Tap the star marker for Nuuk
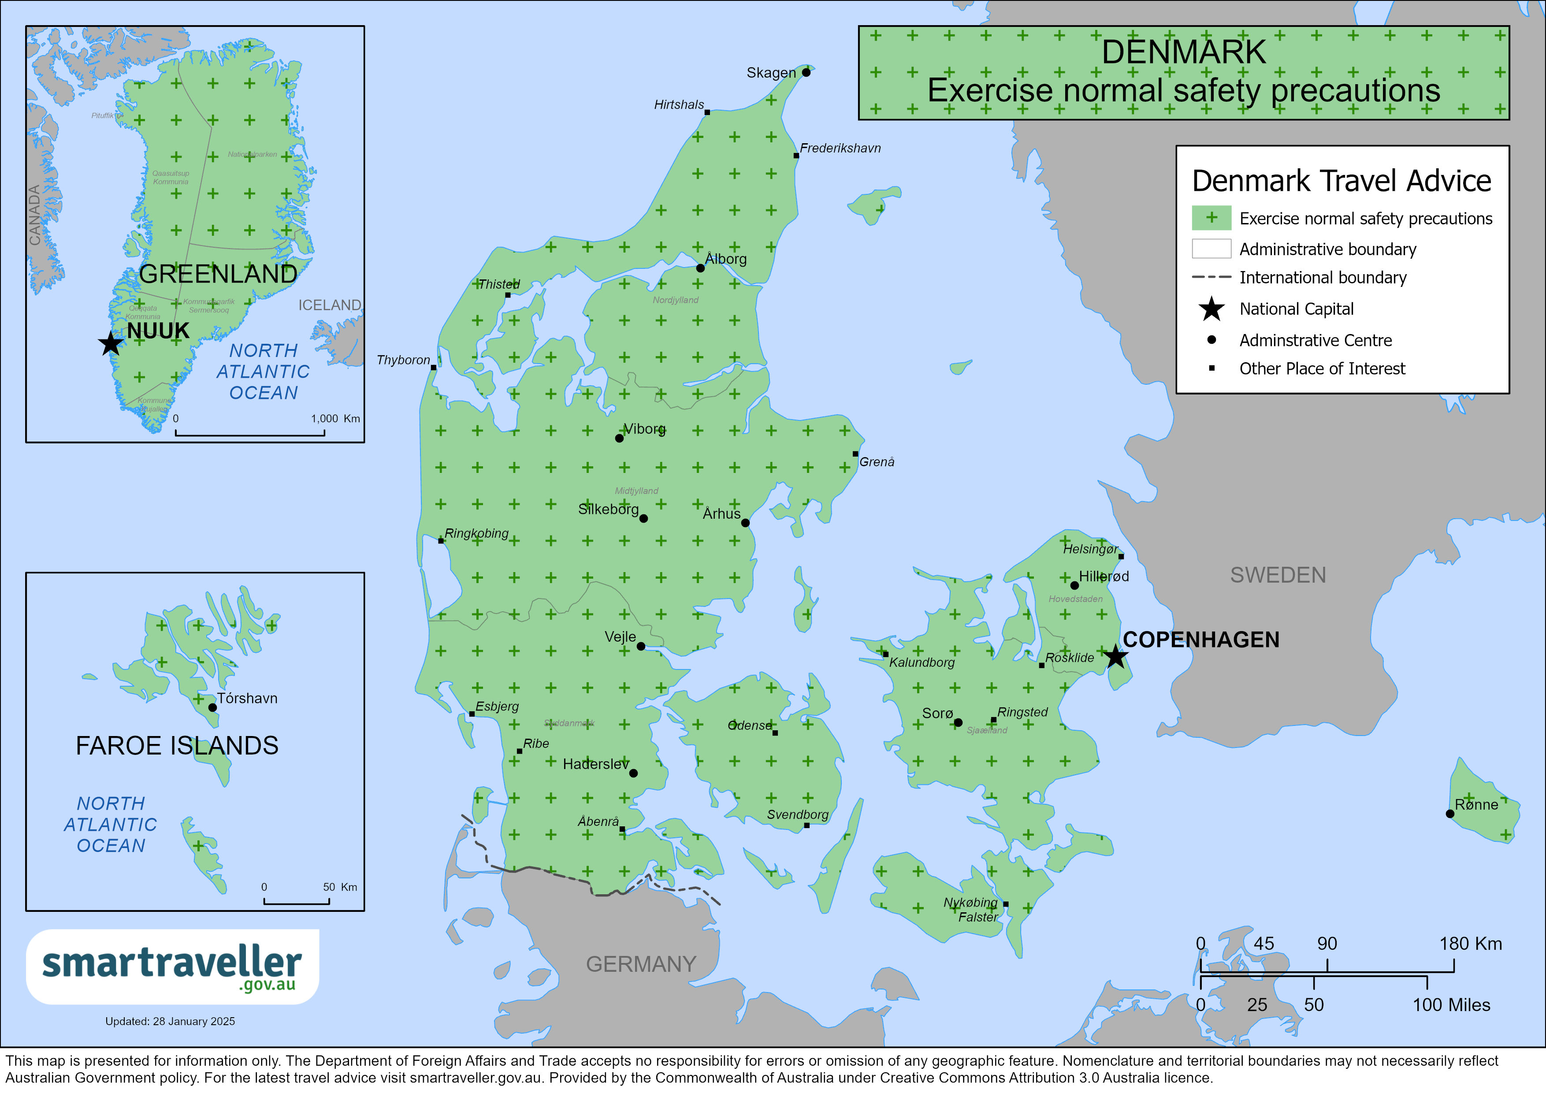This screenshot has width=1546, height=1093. pyautogui.click(x=111, y=343)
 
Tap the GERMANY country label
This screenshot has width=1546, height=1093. pyautogui.click(x=640, y=964)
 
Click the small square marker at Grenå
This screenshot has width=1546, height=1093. pyautogui.click(x=855, y=454)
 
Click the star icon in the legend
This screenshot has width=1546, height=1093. pyautogui.click(x=1212, y=309)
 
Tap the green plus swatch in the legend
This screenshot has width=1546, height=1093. pyautogui.click(x=1212, y=218)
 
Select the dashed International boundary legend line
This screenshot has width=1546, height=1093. pyautogui.click(x=1212, y=278)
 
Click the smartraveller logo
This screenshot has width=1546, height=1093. pyautogui.click(x=172, y=967)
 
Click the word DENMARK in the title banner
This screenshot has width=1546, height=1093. pyautogui.click(x=1183, y=52)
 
